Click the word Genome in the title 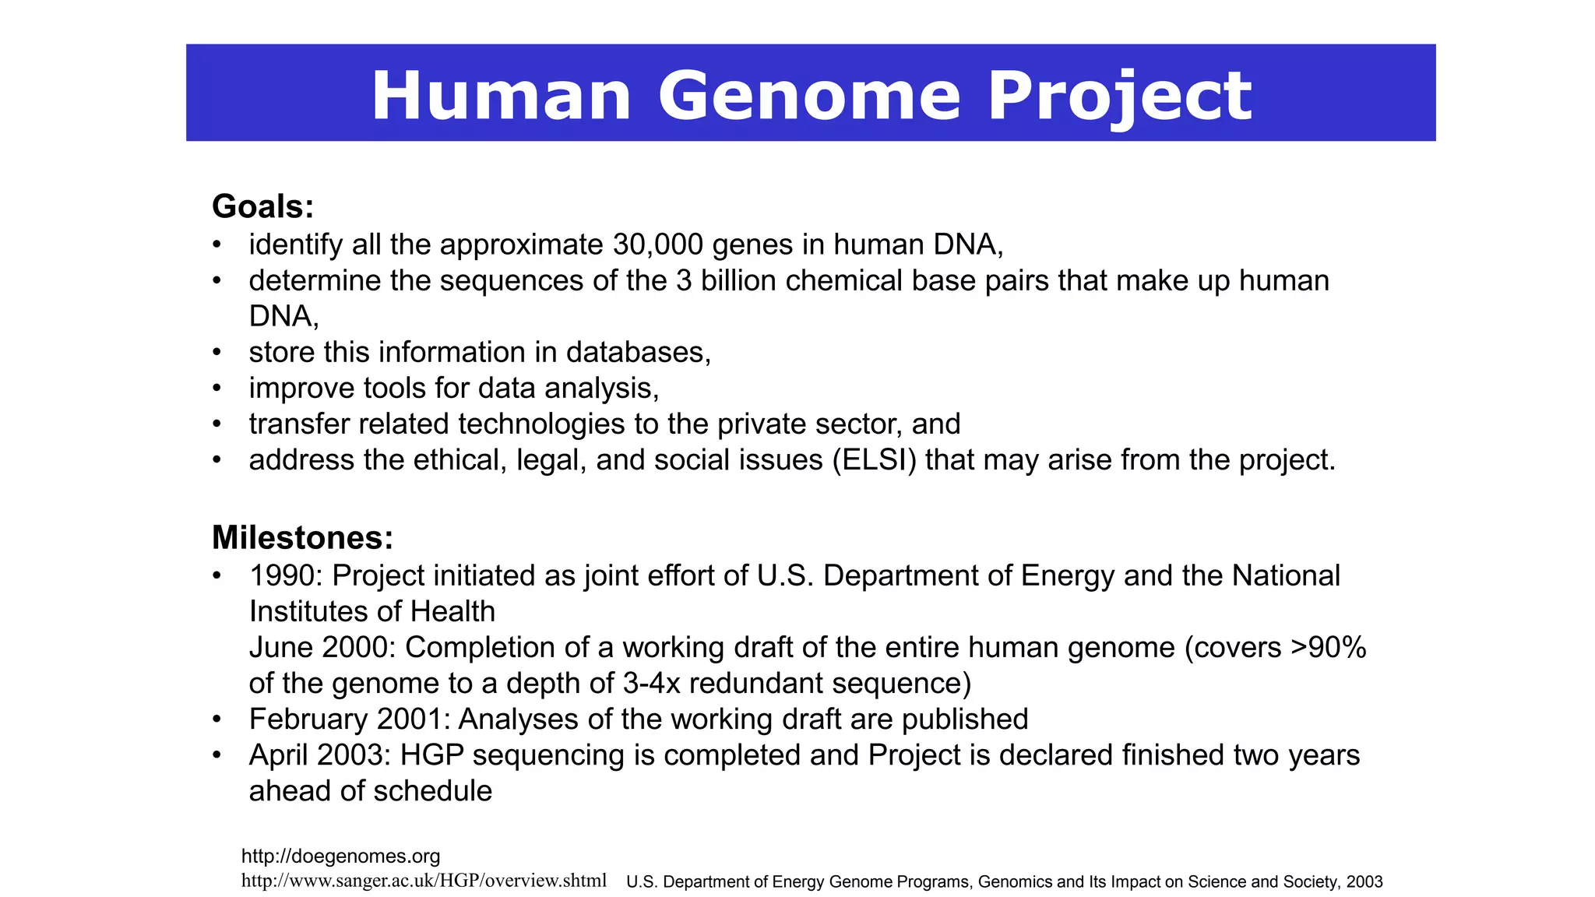coord(810,96)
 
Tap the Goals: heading coord(263,206)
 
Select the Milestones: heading coord(302,538)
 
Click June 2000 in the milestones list coord(321,648)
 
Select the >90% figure coord(1328,648)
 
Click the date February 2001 coord(348,719)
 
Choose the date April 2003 coord(316,755)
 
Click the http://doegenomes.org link coord(340,857)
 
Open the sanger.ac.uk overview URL coord(424,881)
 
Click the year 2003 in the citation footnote coord(1364,882)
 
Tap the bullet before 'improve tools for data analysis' coord(217,389)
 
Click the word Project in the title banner coord(1120,96)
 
